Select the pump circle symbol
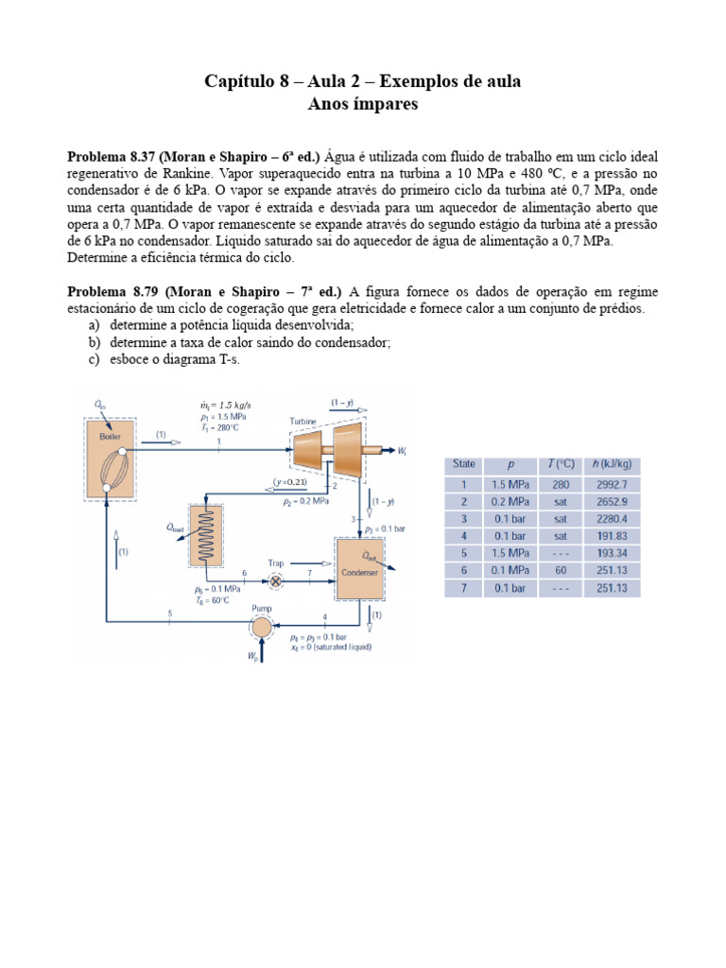point(260,625)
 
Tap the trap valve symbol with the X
point(277,581)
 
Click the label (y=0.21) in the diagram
point(292,482)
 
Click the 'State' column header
point(464,464)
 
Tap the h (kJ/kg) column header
point(610,464)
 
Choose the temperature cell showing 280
point(560,484)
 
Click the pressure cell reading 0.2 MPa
point(510,501)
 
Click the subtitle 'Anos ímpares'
point(363,104)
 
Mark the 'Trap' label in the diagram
point(276,562)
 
